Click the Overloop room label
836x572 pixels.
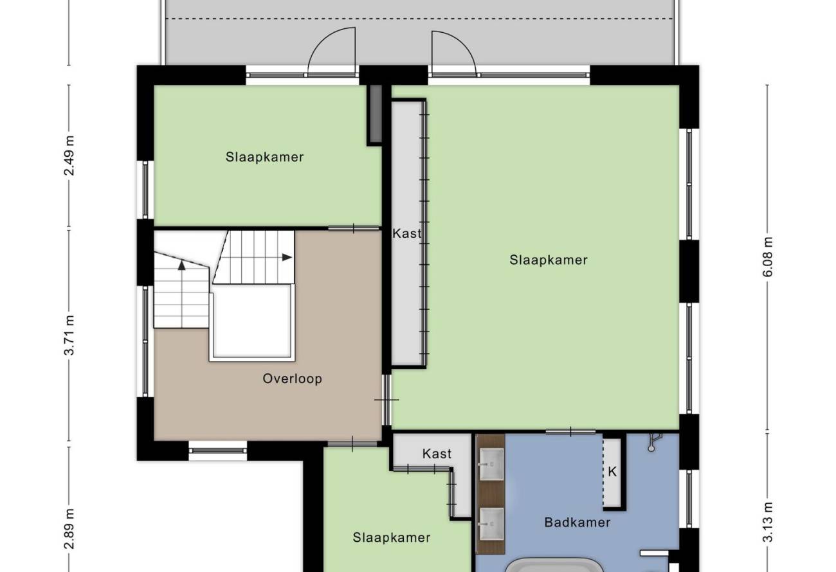[x=292, y=379]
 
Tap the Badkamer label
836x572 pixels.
[x=577, y=523]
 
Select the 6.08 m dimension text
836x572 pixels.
[x=768, y=257]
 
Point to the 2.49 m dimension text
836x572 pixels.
[x=69, y=156]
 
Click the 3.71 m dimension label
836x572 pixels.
[x=69, y=335]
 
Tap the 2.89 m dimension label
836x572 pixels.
[x=69, y=529]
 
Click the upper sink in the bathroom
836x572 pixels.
[x=491, y=464]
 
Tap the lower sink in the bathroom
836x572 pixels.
[x=491, y=524]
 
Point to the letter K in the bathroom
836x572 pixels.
[x=612, y=472]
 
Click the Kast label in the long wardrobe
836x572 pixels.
[x=407, y=234]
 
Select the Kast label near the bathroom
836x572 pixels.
[x=437, y=454]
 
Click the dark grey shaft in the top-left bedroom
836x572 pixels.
[x=376, y=114]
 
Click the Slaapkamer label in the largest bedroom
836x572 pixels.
[x=549, y=260]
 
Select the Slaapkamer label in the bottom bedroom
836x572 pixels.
[x=392, y=538]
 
